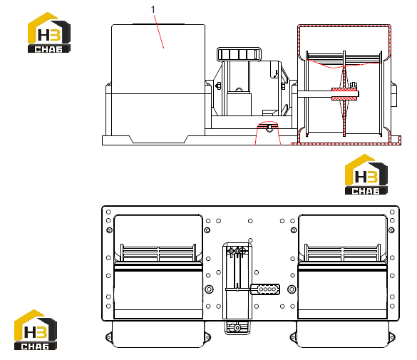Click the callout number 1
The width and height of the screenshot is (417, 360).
click(153, 9)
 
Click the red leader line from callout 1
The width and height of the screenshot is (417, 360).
click(159, 31)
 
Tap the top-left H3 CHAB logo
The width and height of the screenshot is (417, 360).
click(49, 33)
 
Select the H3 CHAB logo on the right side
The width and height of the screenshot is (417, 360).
click(366, 175)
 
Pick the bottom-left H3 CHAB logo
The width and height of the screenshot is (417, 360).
click(36, 329)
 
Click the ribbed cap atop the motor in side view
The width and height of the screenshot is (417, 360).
click(239, 54)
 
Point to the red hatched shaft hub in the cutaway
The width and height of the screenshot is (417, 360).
click(345, 94)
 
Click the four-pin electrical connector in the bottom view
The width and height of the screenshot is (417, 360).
click(265, 289)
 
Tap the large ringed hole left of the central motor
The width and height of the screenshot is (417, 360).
click(210, 289)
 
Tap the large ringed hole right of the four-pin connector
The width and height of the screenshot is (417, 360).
click(292, 289)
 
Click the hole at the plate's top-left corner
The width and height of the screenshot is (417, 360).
click(108, 212)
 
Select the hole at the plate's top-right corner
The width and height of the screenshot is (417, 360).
click(392, 212)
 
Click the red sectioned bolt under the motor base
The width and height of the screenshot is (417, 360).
click(269, 126)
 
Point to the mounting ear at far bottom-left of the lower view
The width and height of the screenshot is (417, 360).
click(108, 337)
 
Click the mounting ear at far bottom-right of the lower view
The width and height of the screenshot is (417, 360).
click(392, 337)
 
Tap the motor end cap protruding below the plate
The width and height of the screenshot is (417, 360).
click(237, 327)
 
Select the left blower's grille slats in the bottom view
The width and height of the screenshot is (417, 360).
click(158, 253)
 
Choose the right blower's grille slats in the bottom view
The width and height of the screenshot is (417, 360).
click(343, 253)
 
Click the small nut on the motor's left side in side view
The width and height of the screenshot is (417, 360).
click(218, 86)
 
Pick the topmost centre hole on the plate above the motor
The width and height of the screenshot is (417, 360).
click(250, 221)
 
